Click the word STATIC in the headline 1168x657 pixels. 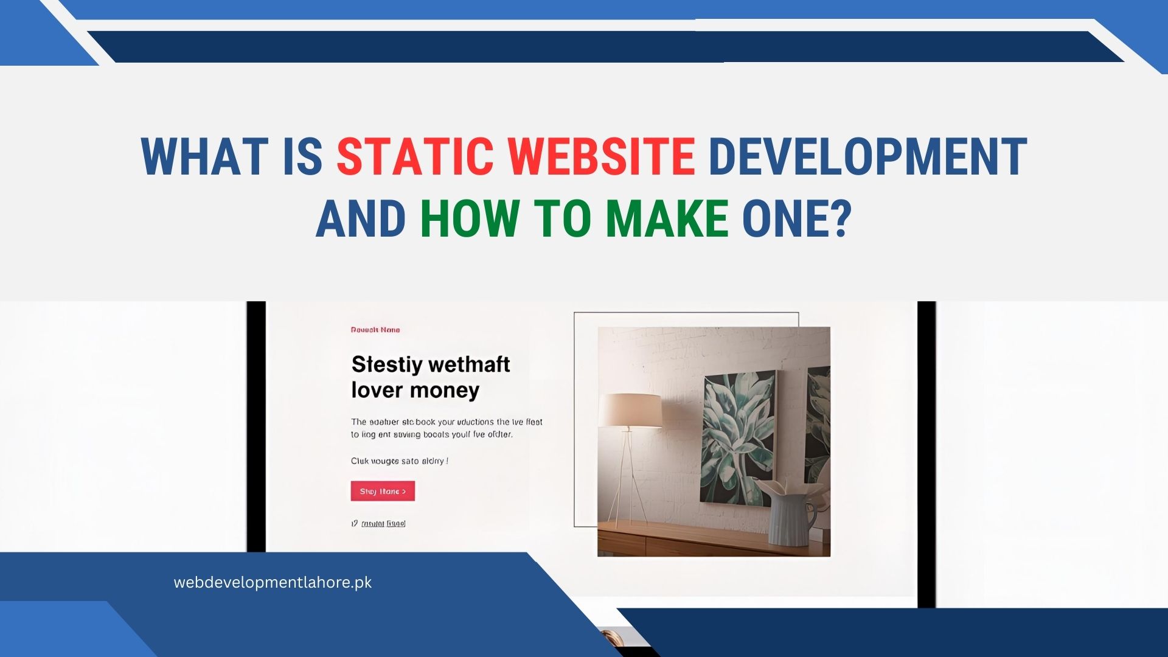click(x=414, y=157)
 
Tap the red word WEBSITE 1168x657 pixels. click(x=601, y=157)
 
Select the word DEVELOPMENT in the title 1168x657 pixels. click(x=867, y=157)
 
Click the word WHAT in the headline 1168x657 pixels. click(x=204, y=157)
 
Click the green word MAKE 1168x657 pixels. click(x=667, y=219)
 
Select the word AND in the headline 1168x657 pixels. click(x=361, y=219)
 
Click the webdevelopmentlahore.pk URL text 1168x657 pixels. click(x=273, y=583)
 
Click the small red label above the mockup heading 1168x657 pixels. click(x=375, y=330)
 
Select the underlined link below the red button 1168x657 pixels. click(x=383, y=524)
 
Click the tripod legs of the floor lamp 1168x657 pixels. click(x=627, y=481)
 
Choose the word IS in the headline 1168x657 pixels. click(x=302, y=157)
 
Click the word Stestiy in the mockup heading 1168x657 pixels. click(x=387, y=364)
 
